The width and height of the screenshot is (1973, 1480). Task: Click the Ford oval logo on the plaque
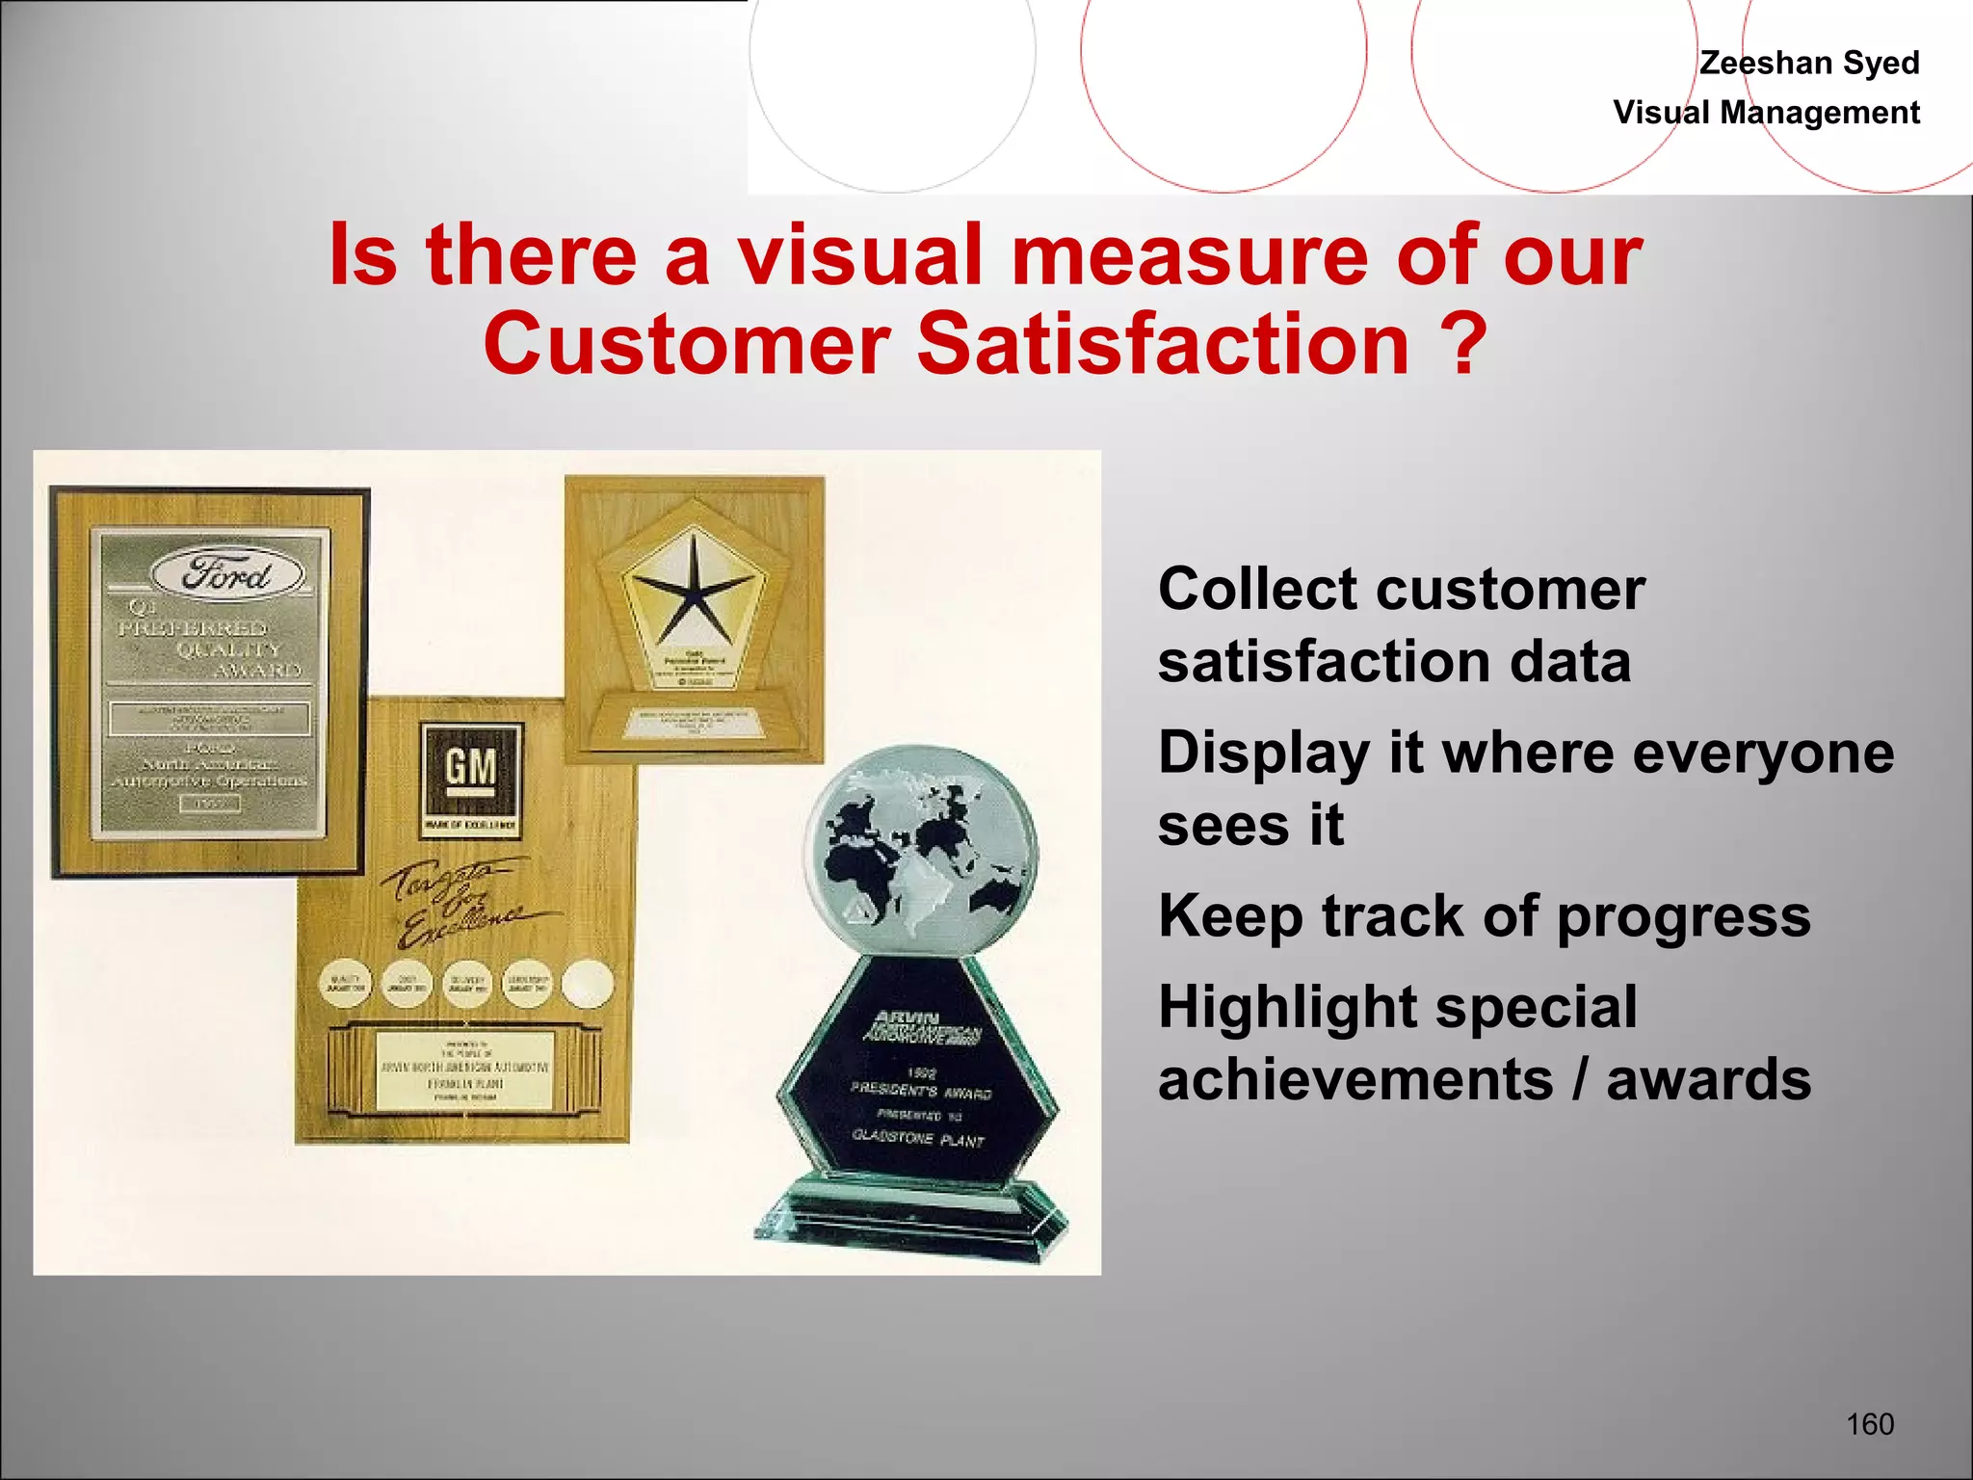point(227,574)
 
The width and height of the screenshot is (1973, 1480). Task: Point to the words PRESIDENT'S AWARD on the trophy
point(920,1091)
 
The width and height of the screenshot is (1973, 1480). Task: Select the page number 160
point(1870,1424)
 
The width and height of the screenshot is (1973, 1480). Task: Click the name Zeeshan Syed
point(1808,63)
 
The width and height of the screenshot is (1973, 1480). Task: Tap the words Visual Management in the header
point(1766,113)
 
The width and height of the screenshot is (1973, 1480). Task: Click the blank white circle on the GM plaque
point(588,984)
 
